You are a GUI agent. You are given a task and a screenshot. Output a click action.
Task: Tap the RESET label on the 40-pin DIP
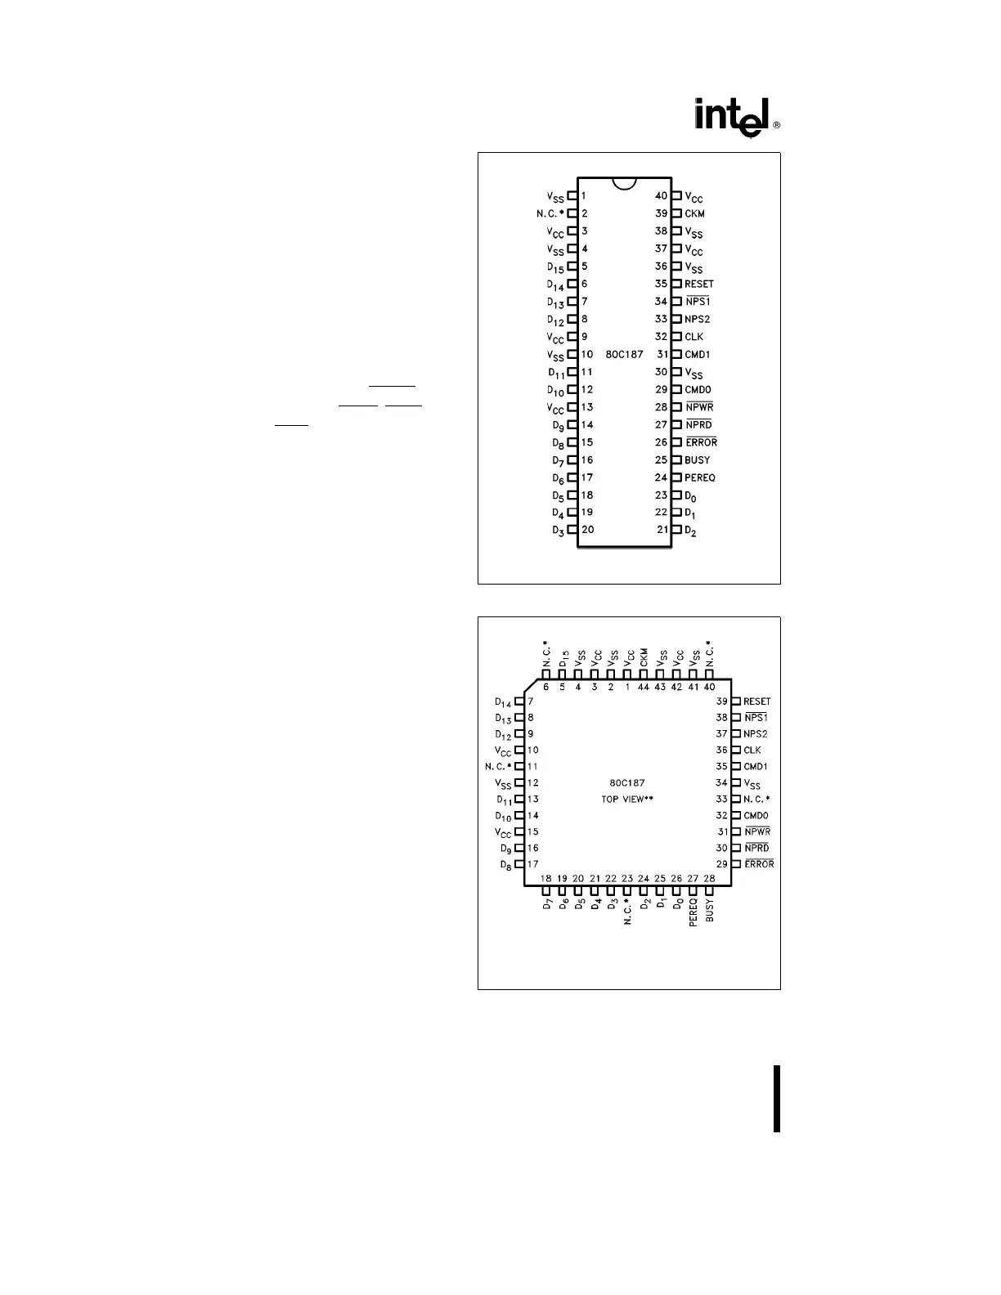click(x=699, y=284)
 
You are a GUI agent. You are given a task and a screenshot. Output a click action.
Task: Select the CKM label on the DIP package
click(x=694, y=213)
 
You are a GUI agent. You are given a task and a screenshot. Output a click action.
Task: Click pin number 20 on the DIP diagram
click(x=587, y=529)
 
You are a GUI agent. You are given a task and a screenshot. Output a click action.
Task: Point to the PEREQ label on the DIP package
click(x=700, y=477)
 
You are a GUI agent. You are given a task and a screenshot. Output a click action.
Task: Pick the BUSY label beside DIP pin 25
click(x=698, y=459)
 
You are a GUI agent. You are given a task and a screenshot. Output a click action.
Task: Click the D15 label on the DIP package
click(x=556, y=267)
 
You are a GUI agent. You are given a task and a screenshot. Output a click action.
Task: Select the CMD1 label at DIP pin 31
click(x=698, y=354)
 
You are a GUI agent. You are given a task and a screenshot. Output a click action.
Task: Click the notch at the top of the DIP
click(x=624, y=184)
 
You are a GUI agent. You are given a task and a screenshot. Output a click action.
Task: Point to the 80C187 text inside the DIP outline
click(x=624, y=355)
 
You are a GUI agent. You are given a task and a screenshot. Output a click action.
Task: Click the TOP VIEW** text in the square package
click(x=627, y=799)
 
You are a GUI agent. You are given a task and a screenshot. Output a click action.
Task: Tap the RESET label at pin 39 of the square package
click(x=757, y=701)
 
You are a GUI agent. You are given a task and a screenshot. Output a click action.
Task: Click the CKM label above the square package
click(x=644, y=657)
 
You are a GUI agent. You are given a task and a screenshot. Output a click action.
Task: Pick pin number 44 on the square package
click(x=644, y=687)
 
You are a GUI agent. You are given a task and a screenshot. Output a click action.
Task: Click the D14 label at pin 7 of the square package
click(x=503, y=702)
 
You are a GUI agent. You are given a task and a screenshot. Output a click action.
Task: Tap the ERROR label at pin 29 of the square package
click(x=759, y=864)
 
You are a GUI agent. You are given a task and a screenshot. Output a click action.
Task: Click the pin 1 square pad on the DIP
click(x=572, y=196)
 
